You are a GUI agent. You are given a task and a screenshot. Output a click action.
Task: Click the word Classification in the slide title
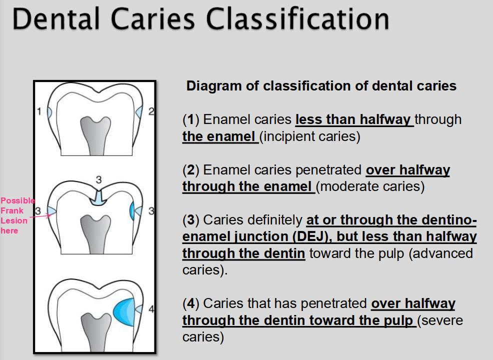[297, 19]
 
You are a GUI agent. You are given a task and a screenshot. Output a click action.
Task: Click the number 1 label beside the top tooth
[39, 111]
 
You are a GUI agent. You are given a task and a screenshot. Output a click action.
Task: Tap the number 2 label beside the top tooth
[151, 111]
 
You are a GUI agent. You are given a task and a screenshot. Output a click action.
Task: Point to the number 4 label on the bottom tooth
[151, 309]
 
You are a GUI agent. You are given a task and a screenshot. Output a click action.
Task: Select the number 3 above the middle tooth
[98, 179]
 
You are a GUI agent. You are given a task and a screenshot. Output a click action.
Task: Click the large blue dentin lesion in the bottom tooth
[124, 311]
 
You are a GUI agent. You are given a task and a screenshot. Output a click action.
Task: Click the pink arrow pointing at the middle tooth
[40, 216]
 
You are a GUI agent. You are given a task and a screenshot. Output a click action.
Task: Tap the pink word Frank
[12, 210]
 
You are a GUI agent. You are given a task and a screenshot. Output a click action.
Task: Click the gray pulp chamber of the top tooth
[95, 135]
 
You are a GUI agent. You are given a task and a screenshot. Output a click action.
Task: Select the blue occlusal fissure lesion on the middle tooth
[98, 198]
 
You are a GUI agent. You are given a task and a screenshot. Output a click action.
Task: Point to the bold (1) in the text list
[191, 119]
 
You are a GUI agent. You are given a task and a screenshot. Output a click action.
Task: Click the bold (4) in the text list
[191, 303]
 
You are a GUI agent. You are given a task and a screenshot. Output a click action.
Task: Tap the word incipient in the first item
[289, 136]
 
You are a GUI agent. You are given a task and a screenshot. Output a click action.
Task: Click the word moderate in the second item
[343, 186]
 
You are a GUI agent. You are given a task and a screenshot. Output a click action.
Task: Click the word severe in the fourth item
[442, 320]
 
